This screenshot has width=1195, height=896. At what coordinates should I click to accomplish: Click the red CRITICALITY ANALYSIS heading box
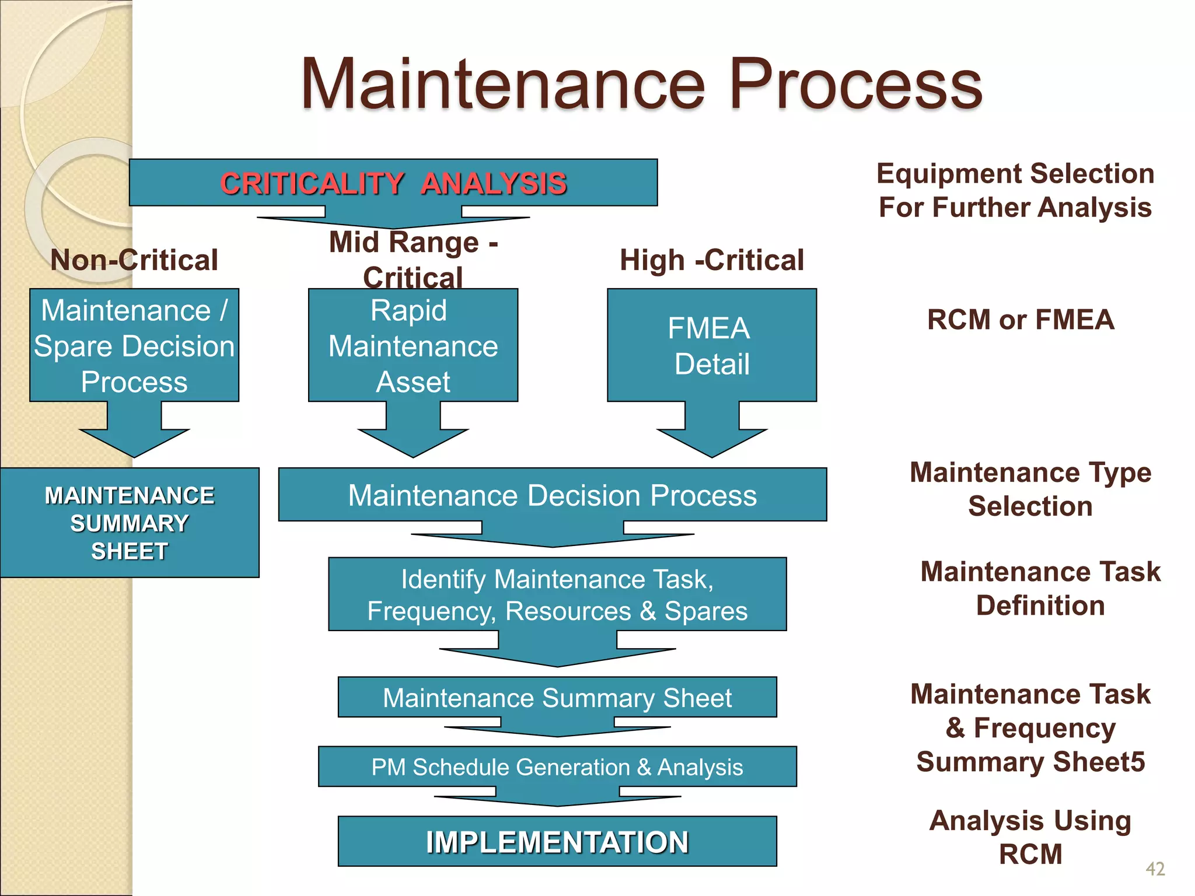tap(393, 183)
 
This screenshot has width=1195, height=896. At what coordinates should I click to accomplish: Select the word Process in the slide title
tap(855, 85)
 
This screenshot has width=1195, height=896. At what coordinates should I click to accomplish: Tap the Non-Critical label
tap(134, 260)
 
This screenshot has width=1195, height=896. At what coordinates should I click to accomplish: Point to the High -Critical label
tap(711, 260)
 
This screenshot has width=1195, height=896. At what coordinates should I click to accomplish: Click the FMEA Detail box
tap(711, 345)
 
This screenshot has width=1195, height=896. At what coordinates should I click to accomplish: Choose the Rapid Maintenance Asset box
tap(413, 345)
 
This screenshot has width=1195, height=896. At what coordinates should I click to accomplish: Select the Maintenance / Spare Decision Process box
tap(134, 345)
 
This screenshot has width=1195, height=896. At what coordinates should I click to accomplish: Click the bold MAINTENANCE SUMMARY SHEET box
tap(130, 523)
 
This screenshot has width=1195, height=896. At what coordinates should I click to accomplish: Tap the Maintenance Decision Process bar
tap(552, 495)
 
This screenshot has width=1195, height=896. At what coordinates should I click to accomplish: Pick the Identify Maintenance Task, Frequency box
tap(557, 594)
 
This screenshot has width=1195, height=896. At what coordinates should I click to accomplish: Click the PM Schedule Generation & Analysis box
tap(557, 766)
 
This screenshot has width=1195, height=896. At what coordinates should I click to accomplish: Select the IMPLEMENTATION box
tap(557, 841)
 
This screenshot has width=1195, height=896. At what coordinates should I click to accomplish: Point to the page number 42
tap(1155, 869)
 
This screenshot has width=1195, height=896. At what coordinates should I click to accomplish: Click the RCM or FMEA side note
tap(1021, 320)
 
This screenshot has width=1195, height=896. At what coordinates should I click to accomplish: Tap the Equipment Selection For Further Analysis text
tap(1015, 190)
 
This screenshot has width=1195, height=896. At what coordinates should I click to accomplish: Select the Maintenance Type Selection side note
tap(1030, 489)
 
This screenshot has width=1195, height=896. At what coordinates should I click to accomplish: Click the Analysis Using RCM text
tap(1030, 837)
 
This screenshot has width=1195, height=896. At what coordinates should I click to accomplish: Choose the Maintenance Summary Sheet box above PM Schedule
tap(557, 697)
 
